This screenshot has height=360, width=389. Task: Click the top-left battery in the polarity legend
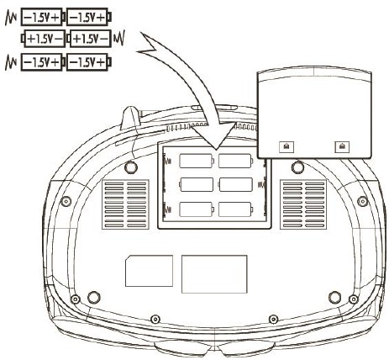[x=43, y=18]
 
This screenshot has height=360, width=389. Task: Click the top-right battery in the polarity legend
[x=89, y=18]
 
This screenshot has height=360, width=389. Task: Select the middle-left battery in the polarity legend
[x=43, y=39]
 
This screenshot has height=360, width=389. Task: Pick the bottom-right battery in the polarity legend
[x=89, y=62]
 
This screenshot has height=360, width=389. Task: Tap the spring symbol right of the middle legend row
[x=119, y=38]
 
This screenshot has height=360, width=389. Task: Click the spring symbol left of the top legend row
[x=11, y=19]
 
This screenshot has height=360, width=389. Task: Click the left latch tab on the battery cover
[x=286, y=146]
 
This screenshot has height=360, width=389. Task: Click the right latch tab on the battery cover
[x=342, y=146]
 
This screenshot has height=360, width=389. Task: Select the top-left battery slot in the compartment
[x=197, y=161]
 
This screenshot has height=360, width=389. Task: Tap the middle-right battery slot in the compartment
[x=235, y=184]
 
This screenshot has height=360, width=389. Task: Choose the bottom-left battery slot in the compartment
[x=197, y=209]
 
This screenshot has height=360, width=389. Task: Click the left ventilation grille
[x=125, y=204]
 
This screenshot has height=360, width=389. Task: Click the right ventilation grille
[x=303, y=204]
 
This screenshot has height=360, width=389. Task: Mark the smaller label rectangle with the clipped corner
[x=149, y=271]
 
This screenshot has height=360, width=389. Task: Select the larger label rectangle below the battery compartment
[x=214, y=274]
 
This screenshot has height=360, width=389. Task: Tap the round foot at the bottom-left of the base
[x=94, y=298]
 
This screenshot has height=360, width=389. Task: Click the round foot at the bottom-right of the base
[x=334, y=298]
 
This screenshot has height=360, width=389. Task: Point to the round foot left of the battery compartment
[x=131, y=167]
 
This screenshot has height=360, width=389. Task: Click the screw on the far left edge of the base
[x=66, y=201]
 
